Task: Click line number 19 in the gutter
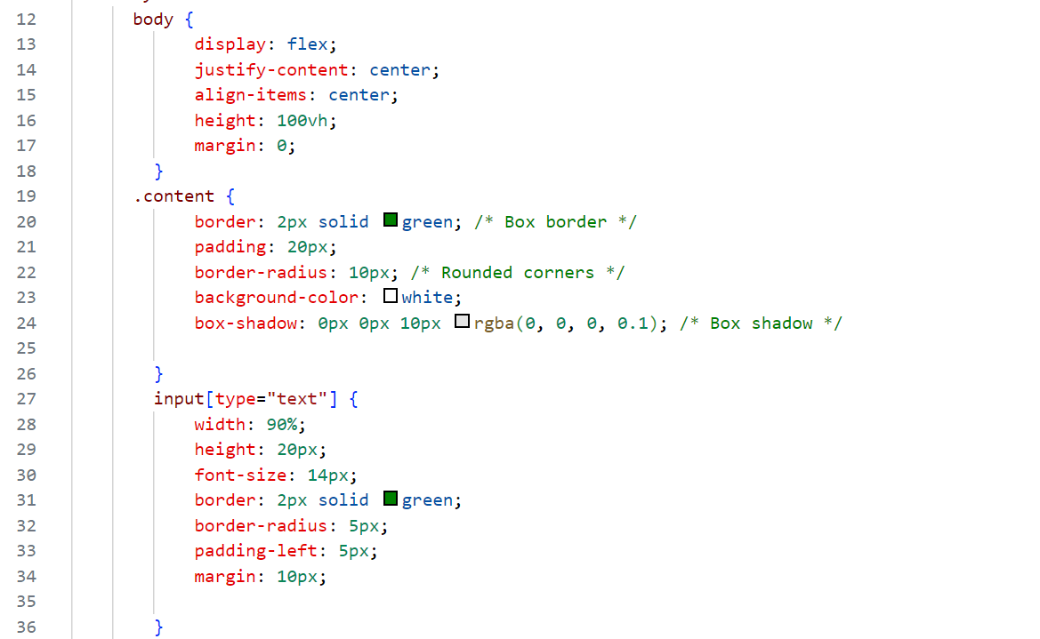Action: [x=26, y=196]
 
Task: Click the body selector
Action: [x=153, y=19]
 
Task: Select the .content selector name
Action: [x=174, y=196]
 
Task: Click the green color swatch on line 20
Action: [x=390, y=220]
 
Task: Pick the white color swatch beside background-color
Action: [x=390, y=297]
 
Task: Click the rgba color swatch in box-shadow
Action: [x=462, y=322]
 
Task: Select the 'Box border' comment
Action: [x=555, y=221]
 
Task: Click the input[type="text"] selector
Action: [x=246, y=398]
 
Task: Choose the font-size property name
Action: [x=240, y=475]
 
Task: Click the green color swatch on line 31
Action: [x=390, y=499]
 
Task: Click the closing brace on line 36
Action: [x=159, y=627]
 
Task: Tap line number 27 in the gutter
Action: [x=26, y=398]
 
